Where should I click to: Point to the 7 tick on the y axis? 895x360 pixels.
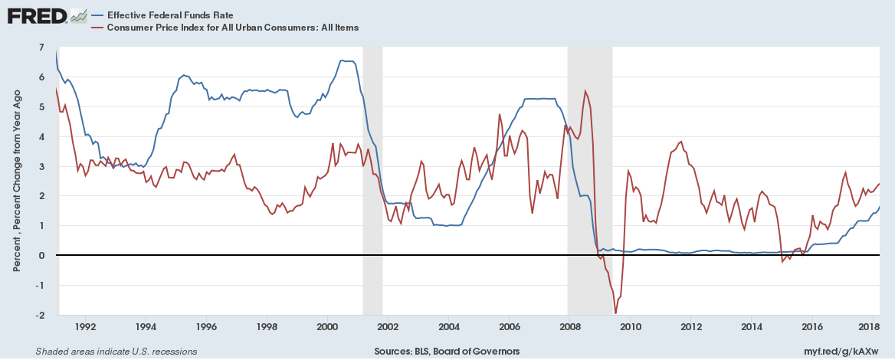point(42,47)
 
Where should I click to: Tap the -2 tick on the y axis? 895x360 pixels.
point(41,315)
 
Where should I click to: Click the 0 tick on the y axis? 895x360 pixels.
point(42,255)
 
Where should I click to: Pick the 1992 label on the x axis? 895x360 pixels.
point(85,326)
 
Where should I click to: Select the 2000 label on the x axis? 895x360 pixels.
point(327,326)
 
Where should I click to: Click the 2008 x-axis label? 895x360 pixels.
point(569,326)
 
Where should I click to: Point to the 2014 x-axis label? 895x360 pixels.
point(751,326)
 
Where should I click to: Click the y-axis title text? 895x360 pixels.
point(17,181)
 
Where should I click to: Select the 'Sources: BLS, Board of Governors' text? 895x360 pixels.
point(447,352)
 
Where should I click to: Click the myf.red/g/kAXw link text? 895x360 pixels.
point(845,352)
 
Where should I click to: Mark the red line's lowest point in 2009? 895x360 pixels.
point(615,313)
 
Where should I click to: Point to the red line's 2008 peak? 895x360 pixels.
point(585,91)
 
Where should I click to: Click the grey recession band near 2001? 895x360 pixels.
point(372,180)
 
